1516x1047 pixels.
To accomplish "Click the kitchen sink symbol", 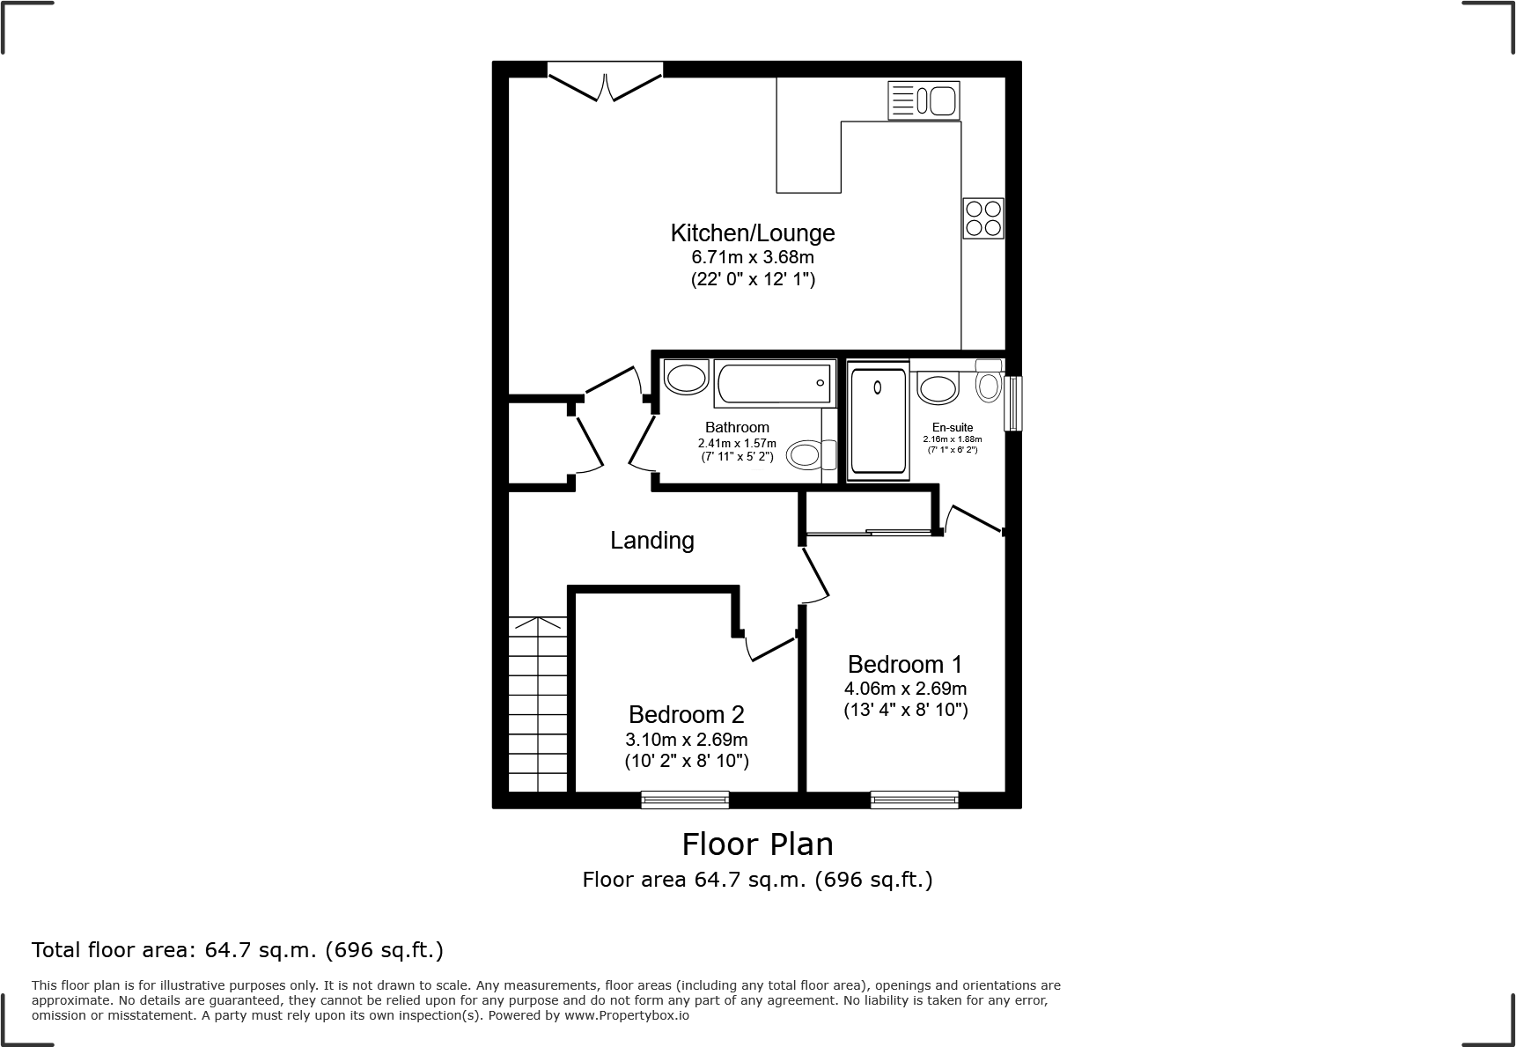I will coord(924,100).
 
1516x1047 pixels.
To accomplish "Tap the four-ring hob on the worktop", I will coord(982,218).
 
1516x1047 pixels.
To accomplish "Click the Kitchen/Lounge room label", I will coord(752,233).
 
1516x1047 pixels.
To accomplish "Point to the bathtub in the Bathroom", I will coord(774,383).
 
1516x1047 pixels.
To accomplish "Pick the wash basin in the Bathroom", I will coord(686,378).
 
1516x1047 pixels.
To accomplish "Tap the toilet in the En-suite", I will coord(989,383).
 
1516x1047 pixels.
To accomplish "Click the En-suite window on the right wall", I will coord(1012,403).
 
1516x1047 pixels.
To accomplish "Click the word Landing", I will coord(651,540).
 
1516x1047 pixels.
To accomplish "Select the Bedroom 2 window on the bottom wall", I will coord(685,800).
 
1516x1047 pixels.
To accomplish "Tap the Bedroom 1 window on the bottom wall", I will coord(914,800).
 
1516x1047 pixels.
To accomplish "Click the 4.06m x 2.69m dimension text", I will coord(905,689).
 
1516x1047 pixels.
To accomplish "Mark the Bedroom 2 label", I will coord(686,714).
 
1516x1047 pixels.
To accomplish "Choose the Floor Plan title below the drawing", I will coord(757,844).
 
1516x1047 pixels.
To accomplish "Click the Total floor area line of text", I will coord(238,950).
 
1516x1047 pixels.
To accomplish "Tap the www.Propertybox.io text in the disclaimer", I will coord(626,1015).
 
